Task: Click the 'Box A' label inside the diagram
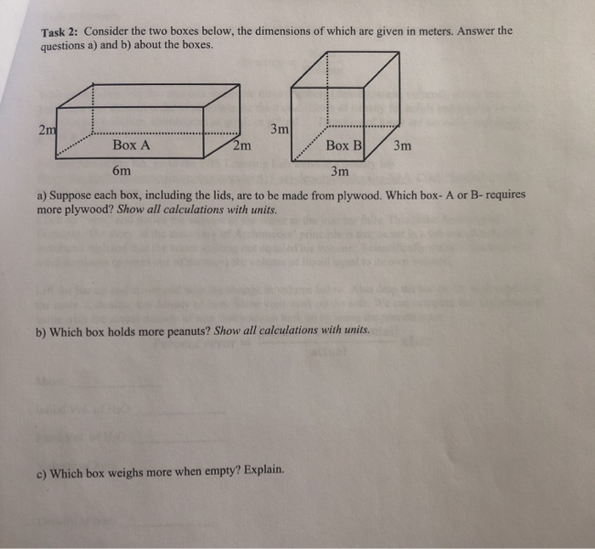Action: (x=131, y=145)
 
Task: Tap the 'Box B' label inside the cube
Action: (x=343, y=145)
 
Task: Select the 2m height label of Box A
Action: (x=47, y=129)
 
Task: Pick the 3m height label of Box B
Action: (x=280, y=130)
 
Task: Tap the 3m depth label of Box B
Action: (x=402, y=145)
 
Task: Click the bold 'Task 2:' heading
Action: (x=59, y=32)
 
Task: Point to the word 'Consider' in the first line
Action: (x=107, y=32)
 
